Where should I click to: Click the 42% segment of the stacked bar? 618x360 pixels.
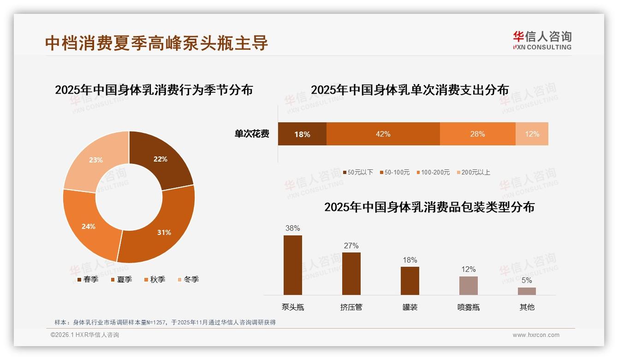click(383, 134)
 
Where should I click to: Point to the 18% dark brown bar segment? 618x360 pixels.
click(302, 134)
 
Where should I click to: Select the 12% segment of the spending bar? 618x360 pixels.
click(532, 134)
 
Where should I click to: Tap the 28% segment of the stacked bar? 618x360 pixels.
click(477, 134)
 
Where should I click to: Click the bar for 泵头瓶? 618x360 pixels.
click(293, 265)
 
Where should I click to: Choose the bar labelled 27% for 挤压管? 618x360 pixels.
click(351, 274)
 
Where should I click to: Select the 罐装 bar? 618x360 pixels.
click(410, 281)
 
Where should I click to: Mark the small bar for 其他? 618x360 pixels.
click(527, 291)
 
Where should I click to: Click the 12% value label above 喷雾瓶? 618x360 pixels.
click(469, 269)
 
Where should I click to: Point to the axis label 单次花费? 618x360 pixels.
click(252, 134)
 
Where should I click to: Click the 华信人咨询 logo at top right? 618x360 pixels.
click(542, 40)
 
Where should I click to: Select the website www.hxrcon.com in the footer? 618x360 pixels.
click(536, 335)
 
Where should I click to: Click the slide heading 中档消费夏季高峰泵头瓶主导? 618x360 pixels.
click(157, 43)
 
